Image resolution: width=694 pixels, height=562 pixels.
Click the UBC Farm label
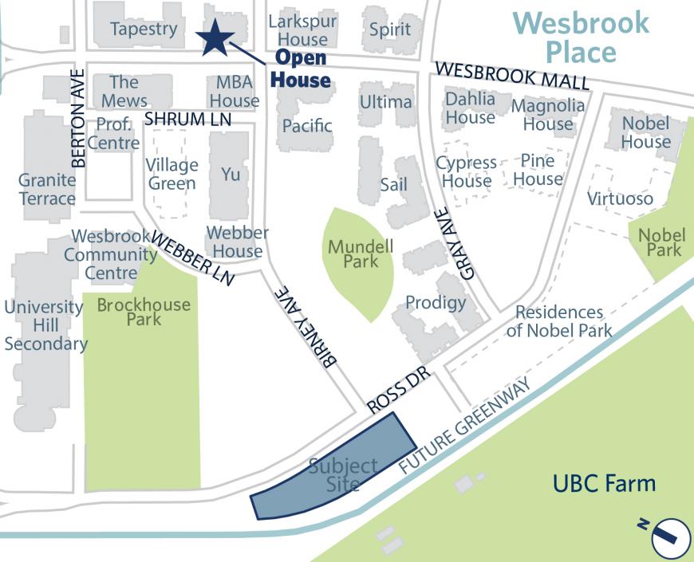pyautogui.click(x=605, y=483)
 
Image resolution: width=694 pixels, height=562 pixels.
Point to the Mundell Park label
pyautogui.click(x=361, y=253)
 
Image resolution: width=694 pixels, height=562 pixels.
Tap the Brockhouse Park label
pyautogui.click(x=144, y=312)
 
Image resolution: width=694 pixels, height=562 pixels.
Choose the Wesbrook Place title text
pyautogui.click(x=581, y=37)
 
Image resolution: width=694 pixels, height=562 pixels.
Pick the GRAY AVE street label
pyautogui.click(x=453, y=243)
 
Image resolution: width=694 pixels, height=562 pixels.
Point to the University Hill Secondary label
pyautogui.click(x=45, y=325)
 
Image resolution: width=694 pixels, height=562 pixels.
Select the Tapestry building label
pyautogui.click(x=144, y=29)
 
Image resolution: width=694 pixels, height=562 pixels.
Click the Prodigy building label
pyautogui.click(x=436, y=302)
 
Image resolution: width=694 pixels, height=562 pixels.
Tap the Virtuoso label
pyautogui.click(x=620, y=198)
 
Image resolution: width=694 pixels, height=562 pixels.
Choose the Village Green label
pyautogui.click(x=172, y=174)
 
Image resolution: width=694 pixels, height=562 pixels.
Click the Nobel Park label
pyautogui.click(x=661, y=242)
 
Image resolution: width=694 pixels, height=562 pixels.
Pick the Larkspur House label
pyautogui.click(x=302, y=29)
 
